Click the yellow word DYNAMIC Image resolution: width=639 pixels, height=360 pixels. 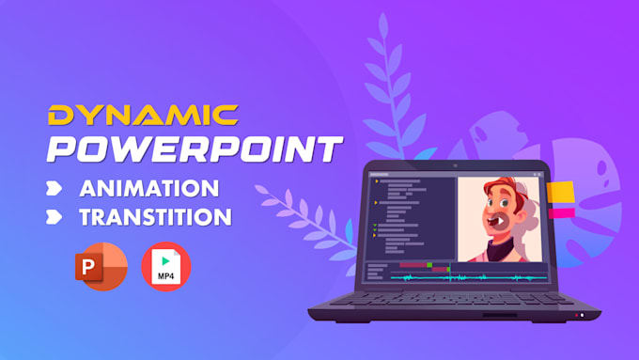[x=144, y=115]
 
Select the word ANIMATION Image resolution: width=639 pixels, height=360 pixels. [x=149, y=187]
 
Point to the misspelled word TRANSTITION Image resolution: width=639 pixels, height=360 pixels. [x=155, y=217]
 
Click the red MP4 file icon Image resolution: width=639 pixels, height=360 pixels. [x=165, y=265]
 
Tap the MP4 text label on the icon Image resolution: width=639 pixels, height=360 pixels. [x=165, y=275]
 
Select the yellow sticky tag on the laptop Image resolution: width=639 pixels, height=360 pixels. [x=561, y=193]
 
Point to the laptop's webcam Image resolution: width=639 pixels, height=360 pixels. [x=457, y=166]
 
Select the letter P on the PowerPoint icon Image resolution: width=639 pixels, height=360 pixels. [x=91, y=267]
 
